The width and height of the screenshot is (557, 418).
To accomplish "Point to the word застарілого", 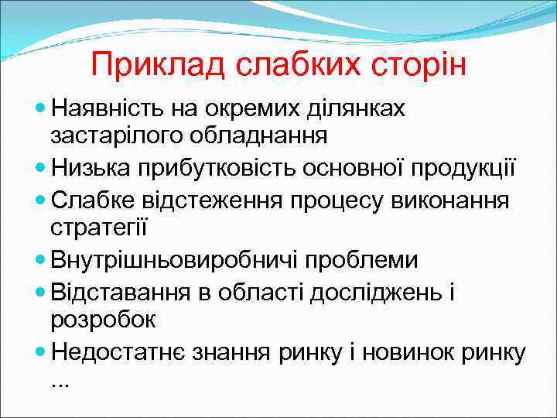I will tap(118, 135).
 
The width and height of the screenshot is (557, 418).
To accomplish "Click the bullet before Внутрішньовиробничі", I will tap(41, 259).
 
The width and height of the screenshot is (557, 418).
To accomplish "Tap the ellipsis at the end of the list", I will tap(59, 382).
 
